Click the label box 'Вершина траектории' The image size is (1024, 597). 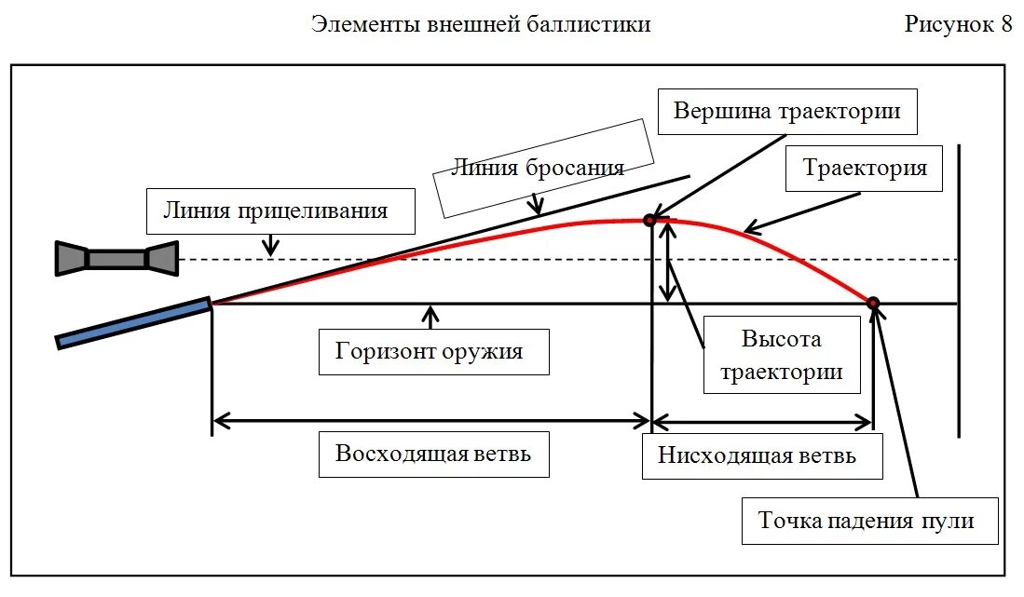(786, 112)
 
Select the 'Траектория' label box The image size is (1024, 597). (865, 169)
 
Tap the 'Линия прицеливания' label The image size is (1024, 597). (280, 210)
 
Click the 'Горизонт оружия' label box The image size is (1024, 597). (433, 351)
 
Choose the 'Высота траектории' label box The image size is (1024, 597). (781, 354)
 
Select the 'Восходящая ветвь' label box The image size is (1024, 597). (433, 455)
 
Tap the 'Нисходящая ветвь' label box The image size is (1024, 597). (762, 456)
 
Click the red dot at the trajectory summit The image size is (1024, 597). (649, 220)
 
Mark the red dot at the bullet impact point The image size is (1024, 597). (873, 303)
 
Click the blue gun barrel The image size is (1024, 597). (133, 322)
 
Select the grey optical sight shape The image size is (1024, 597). (116, 258)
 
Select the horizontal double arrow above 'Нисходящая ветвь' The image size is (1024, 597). (762, 422)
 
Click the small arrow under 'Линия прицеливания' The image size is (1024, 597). (270, 244)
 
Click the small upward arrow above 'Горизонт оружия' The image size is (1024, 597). (430, 317)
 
